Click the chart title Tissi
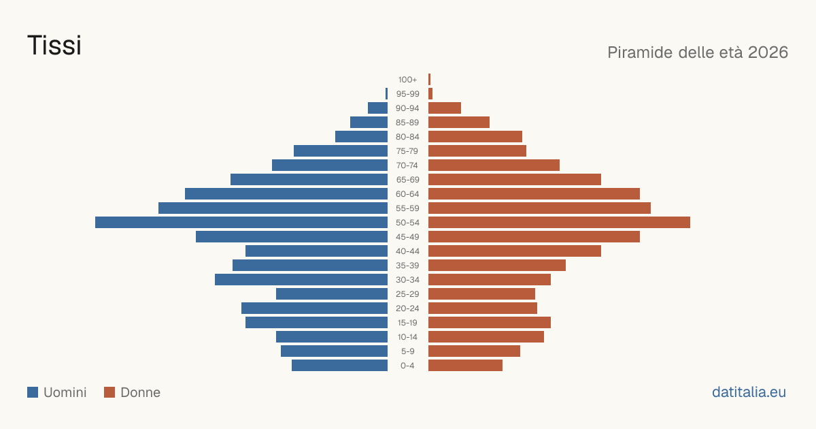[x=54, y=45]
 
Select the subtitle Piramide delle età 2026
[x=698, y=52]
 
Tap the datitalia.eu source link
[x=749, y=392]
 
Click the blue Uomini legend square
[x=33, y=392]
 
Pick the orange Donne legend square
[x=109, y=392]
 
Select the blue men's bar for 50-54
[x=241, y=223]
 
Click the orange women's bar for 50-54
[x=559, y=223]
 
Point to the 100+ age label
[x=407, y=80]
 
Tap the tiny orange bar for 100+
[x=430, y=80]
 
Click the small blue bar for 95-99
[x=386, y=94]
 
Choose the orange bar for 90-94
[x=445, y=108]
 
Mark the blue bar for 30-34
[x=301, y=280]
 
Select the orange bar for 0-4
[x=465, y=366]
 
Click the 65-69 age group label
[x=407, y=180]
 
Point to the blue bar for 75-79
[x=341, y=151]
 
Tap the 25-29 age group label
[x=407, y=294]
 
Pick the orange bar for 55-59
[x=539, y=208]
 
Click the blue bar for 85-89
[x=369, y=122]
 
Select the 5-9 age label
[x=407, y=351]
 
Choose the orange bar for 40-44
[x=515, y=251]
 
